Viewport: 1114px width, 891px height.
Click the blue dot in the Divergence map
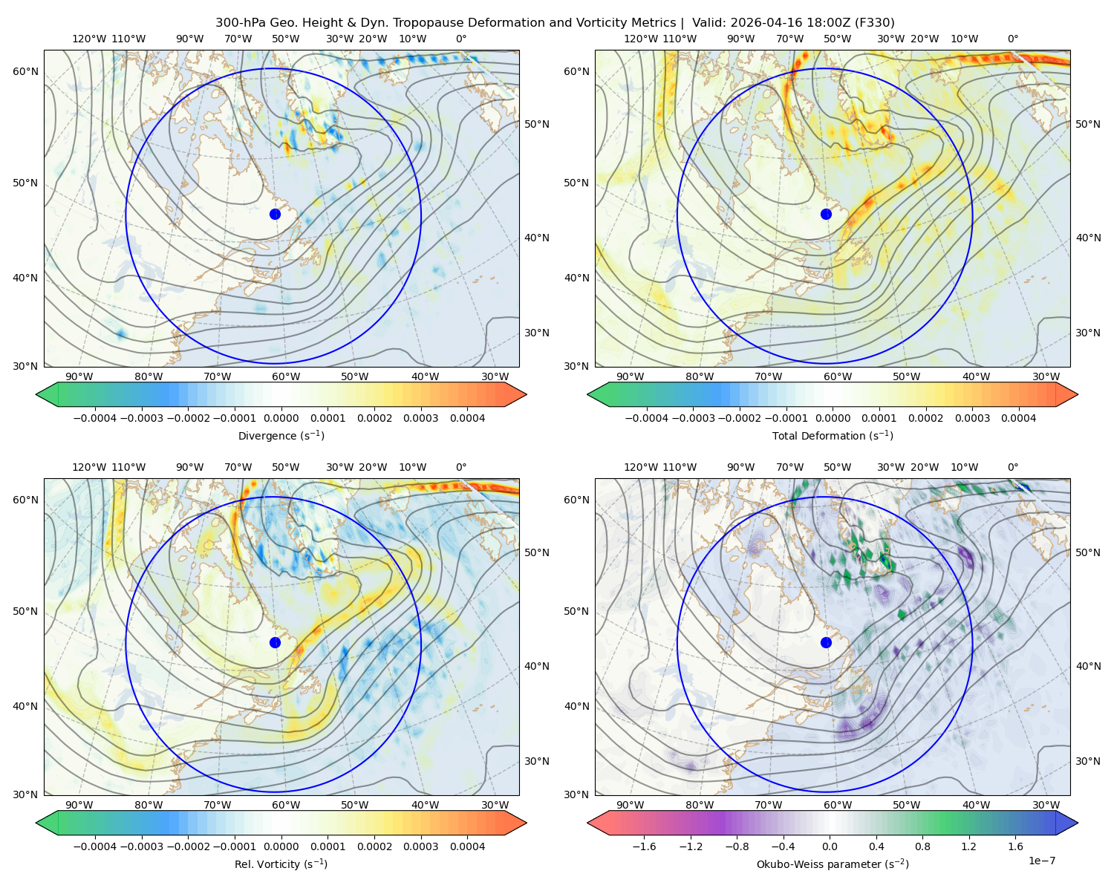pos(275,214)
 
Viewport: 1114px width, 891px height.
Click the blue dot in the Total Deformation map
pos(826,214)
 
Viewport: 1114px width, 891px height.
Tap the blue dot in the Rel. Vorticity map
pos(275,642)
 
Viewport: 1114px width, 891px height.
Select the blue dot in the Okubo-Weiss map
pos(826,642)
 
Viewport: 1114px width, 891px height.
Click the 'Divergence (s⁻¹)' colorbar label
pos(281,435)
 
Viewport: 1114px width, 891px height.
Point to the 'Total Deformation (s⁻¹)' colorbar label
pos(833,435)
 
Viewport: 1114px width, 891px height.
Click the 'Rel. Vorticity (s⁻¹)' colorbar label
pos(281,864)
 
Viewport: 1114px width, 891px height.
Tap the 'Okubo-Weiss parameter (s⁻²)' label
pos(833,864)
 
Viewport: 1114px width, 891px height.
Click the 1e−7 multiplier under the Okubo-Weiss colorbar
pos(1041,861)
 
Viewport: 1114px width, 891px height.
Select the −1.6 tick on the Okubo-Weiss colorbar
pos(644,846)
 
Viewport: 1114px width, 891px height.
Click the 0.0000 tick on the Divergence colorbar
pos(281,418)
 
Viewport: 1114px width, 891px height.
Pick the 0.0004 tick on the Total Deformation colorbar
pos(1018,418)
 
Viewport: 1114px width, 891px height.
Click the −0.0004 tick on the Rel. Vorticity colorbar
pos(95,846)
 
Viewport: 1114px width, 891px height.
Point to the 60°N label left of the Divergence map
pos(25,71)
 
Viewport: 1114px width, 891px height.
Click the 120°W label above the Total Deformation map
pos(640,39)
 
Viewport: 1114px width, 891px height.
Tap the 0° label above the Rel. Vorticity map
pos(461,466)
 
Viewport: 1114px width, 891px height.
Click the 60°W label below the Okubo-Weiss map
pos(837,805)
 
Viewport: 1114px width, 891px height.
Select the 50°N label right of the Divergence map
pos(537,124)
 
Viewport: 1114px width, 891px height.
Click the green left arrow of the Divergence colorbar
pos(47,394)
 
